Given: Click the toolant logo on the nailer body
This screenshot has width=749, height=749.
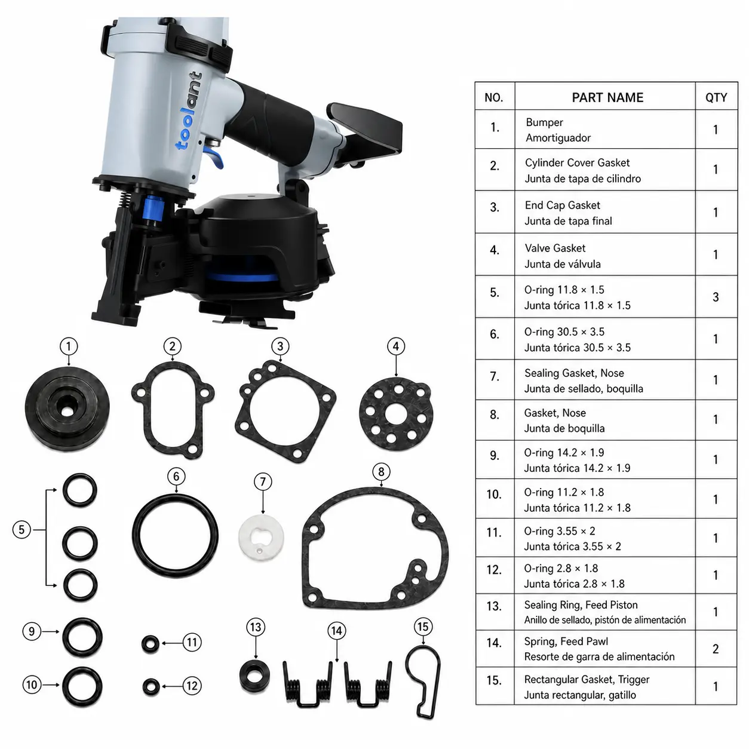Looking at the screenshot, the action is pos(189,110).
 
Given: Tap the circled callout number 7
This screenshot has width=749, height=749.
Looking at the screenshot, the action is pos(263,481).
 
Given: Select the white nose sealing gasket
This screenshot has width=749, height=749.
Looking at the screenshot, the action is pos(261,538).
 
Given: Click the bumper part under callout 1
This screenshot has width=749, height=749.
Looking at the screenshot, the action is pos(67,408).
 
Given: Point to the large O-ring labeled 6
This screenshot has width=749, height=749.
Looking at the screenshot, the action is pos(134,536).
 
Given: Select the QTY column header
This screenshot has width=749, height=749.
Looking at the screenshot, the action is pos(716,97).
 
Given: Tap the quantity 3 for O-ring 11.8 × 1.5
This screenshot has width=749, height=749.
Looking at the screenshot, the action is pos(716,297).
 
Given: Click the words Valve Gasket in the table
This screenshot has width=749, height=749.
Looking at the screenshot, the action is pos(555,248).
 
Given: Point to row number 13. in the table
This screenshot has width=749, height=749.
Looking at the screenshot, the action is pos(494,606).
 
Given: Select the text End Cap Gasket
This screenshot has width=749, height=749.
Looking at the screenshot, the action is pos(562,205).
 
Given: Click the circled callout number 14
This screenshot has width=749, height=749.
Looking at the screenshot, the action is pos(337,631).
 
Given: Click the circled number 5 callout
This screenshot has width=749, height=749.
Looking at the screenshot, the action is pos(22,529).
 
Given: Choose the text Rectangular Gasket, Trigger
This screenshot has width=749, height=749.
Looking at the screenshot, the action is pos(587,679).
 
